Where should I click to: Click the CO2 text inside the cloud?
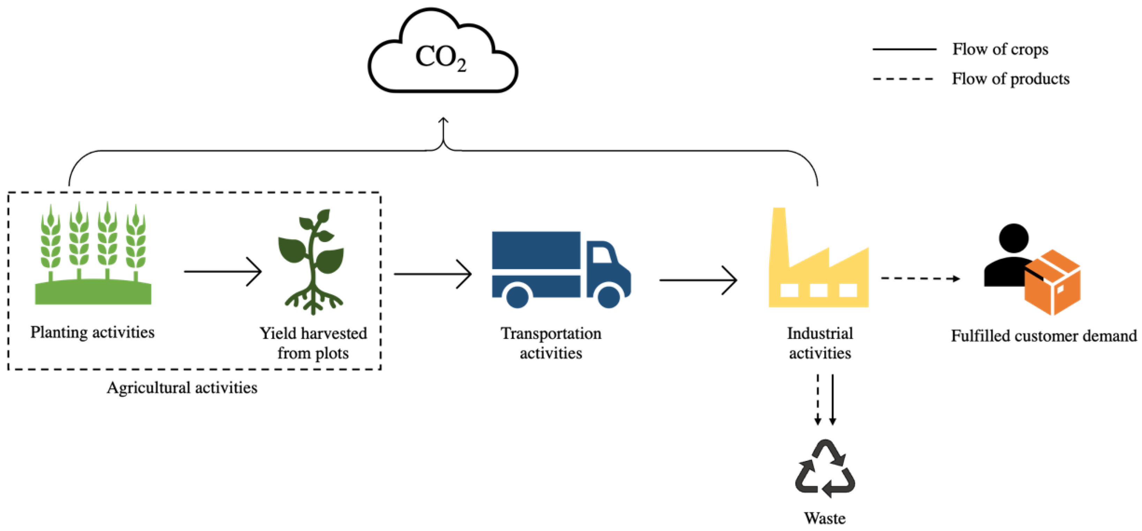click(x=440, y=58)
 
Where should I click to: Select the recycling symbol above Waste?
click(x=825, y=469)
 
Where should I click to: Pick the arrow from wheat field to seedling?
click(x=222, y=271)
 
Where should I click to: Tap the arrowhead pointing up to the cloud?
click(x=443, y=121)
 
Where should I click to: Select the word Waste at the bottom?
click(x=825, y=518)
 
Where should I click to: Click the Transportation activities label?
click(x=551, y=343)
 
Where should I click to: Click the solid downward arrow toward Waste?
click(x=833, y=399)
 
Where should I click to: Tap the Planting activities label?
click(x=92, y=332)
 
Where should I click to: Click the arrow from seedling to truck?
click(x=432, y=275)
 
